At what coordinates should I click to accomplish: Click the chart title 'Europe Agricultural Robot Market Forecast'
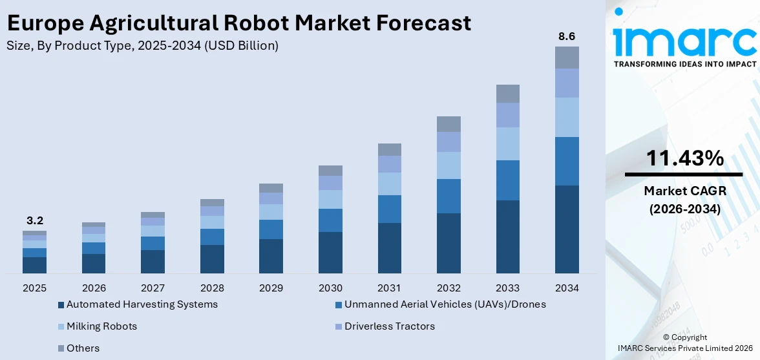[x=238, y=23]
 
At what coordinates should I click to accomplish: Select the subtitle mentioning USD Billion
[x=142, y=46]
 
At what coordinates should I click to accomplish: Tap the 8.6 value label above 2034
[x=567, y=37]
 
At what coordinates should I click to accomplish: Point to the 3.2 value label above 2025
[x=34, y=220]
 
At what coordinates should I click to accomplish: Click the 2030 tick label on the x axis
[x=330, y=288]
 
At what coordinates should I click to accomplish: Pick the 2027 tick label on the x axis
[x=153, y=288]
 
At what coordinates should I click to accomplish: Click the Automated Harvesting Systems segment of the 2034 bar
[x=567, y=229]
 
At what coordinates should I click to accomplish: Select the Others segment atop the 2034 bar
[x=567, y=58]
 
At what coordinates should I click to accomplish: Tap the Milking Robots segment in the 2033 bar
[x=507, y=143]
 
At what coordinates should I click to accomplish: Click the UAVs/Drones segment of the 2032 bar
[x=449, y=196]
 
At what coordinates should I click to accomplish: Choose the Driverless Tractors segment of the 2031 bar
[x=389, y=164]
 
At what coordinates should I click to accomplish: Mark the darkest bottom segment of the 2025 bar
[x=34, y=265]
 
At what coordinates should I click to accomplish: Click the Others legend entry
[x=83, y=348]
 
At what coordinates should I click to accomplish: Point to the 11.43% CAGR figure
[x=683, y=158]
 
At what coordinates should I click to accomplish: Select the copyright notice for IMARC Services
[x=684, y=343]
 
